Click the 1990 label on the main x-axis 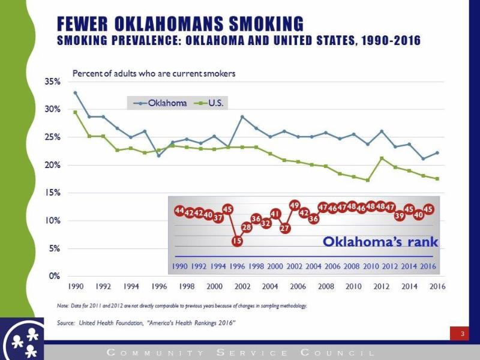[76, 287]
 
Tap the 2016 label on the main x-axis [437, 287]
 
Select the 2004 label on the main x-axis [270, 287]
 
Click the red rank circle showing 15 [237, 241]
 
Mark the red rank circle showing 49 [295, 206]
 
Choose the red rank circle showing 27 [285, 228]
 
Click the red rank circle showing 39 [400, 215]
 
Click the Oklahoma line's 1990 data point [76, 93]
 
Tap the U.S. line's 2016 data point [437, 179]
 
